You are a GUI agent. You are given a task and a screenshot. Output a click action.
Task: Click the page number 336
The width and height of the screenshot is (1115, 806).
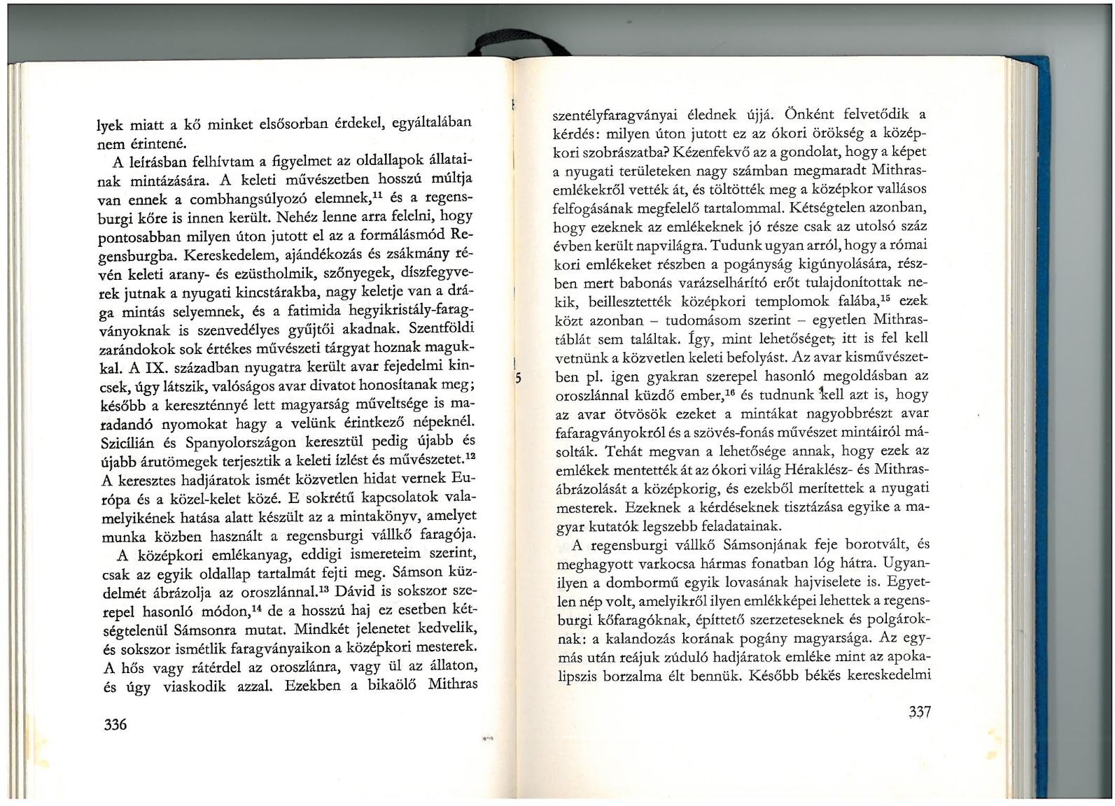click(115, 724)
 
